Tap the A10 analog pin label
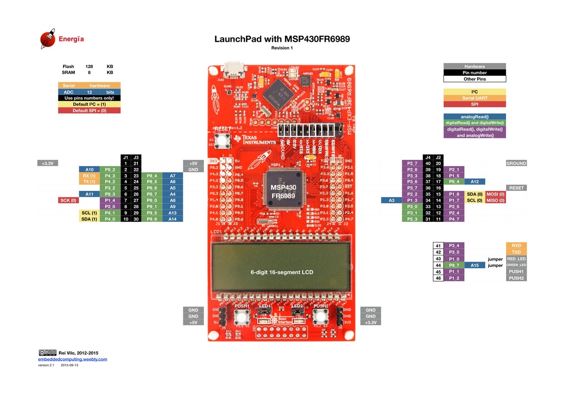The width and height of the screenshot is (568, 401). pyautogui.click(x=89, y=169)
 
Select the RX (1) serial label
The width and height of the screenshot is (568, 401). pyautogui.click(x=89, y=175)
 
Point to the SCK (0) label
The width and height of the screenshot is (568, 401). pyautogui.click(x=68, y=200)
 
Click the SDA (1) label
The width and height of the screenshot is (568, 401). pyautogui.click(x=89, y=219)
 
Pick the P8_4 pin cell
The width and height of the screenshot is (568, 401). pyautogui.click(x=152, y=175)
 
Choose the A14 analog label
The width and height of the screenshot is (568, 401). pyautogui.click(x=172, y=219)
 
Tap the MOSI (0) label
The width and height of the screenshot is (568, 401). pyautogui.click(x=495, y=194)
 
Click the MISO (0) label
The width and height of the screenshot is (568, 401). pyautogui.click(x=495, y=200)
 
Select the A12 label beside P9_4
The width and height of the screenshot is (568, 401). pyautogui.click(x=475, y=182)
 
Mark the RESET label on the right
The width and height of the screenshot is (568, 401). pyautogui.click(x=516, y=188)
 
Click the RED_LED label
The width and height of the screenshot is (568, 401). pyautogui.click(x=516, y=259)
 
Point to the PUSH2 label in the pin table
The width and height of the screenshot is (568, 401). pyautogui.click(x=516, y=278)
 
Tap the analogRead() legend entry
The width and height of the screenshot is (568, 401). pyautogui.click(x=475, y=117)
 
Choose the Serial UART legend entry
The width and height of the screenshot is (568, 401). pyautogui.click(x=475, y=98)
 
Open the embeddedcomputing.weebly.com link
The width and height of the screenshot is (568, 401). pyautogui.click(x=72, y=359)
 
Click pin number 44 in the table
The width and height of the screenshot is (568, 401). pyautogui.click(x=438, y=265)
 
